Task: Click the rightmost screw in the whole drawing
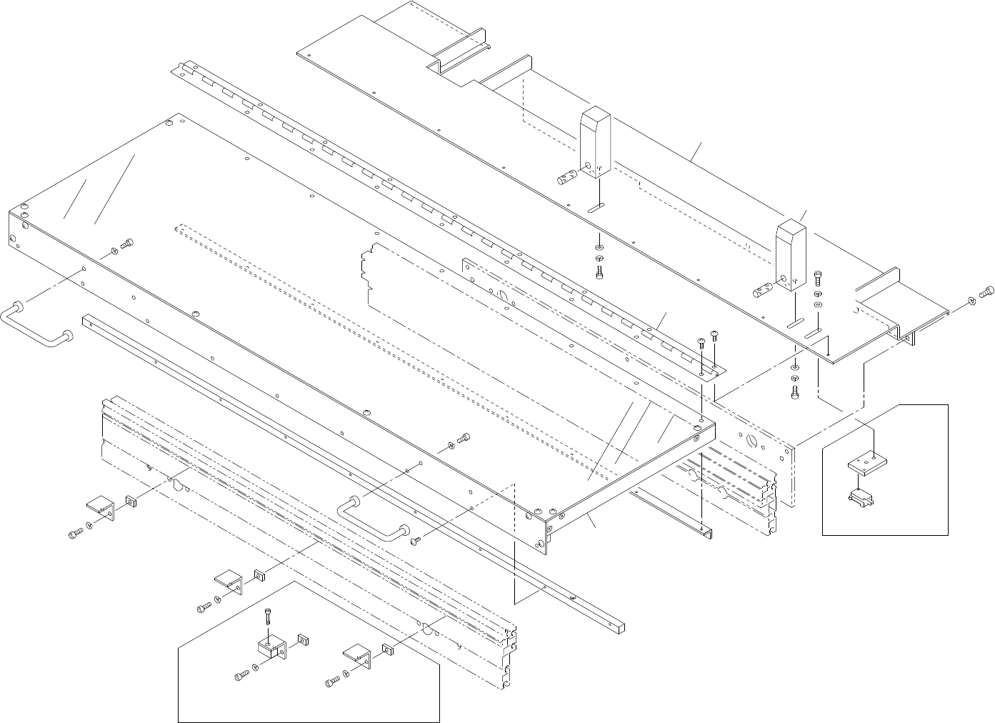click(986, 291)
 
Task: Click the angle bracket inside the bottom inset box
click(358, 655)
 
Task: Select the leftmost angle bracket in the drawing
click(101, 510)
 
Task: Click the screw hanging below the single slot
click(599, 272)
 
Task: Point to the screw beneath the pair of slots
click(796, 391)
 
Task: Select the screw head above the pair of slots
click(818, 276)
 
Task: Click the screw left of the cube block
click(241, 675)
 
